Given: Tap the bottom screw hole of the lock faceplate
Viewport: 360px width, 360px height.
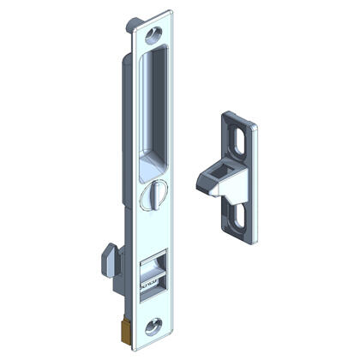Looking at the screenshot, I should [153, 325].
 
